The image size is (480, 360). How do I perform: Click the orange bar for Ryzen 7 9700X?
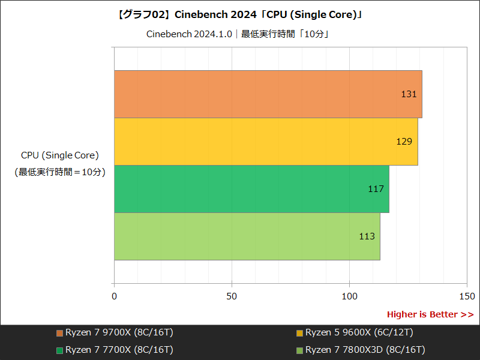[268, 94]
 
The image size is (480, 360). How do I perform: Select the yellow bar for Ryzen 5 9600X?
[266, 142]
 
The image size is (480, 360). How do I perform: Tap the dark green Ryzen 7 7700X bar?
[251, 189]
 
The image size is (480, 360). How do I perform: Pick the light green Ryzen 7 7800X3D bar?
[247, 236]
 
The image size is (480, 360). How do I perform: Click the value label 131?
[409, 94]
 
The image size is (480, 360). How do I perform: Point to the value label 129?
[404, 142]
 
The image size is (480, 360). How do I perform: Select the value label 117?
[376, 189]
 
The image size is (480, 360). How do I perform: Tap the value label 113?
[367, 236]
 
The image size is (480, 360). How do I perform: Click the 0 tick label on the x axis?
[115, 296]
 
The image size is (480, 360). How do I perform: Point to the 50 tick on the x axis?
[232, 296]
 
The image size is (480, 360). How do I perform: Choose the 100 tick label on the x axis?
[349, 296]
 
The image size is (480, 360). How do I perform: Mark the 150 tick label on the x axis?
[467, 296]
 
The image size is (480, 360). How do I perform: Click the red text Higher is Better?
[430, 314]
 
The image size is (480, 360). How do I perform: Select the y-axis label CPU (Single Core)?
[60, 155]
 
